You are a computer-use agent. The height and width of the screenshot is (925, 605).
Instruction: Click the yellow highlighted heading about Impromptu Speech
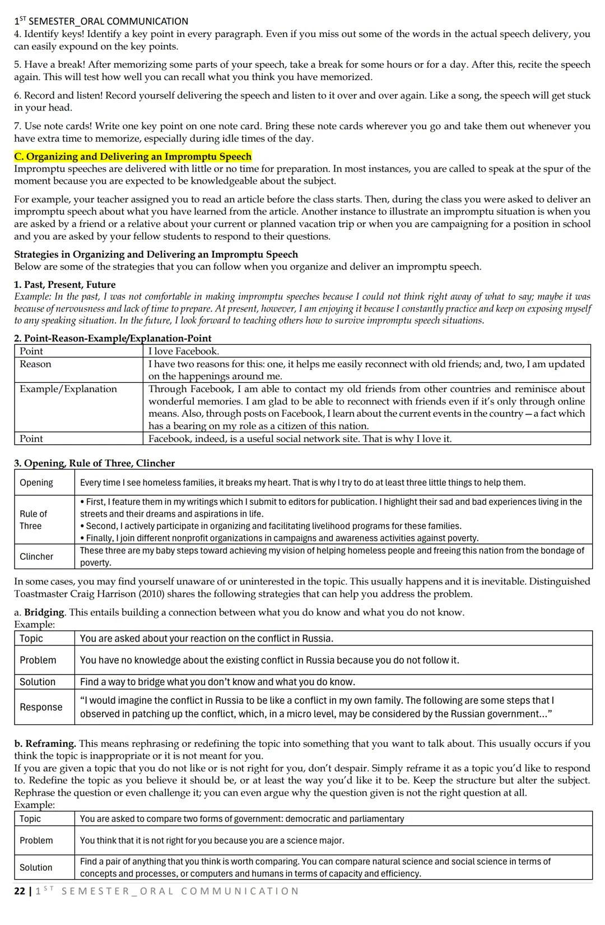[133, 156]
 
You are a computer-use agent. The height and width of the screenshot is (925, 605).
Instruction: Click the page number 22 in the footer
[19, 891]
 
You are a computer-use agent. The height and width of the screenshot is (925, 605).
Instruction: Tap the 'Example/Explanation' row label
[68, 389]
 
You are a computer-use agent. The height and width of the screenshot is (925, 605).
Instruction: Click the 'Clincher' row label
[36, 556]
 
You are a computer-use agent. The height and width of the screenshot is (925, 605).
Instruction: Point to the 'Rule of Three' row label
[33, 520]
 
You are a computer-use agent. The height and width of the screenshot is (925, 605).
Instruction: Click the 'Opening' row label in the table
[36, 482]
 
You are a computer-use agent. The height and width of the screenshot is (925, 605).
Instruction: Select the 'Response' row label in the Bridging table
[41, 707]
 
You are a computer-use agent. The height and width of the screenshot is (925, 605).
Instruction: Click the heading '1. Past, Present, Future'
[65, 285]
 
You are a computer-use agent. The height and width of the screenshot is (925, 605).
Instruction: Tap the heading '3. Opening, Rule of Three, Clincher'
[94, 463]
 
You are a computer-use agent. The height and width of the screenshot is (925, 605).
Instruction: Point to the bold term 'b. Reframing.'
[45, 743]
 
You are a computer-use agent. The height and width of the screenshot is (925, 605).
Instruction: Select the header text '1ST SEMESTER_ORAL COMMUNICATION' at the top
[101, 21]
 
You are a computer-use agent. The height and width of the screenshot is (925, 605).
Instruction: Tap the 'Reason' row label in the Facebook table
[35, 364]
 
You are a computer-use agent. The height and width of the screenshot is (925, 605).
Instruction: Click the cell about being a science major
[212, 840]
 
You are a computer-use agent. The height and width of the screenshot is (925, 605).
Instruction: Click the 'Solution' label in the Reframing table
[36, 867]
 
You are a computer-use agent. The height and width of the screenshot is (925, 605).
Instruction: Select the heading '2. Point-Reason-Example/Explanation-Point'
[113, 338]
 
